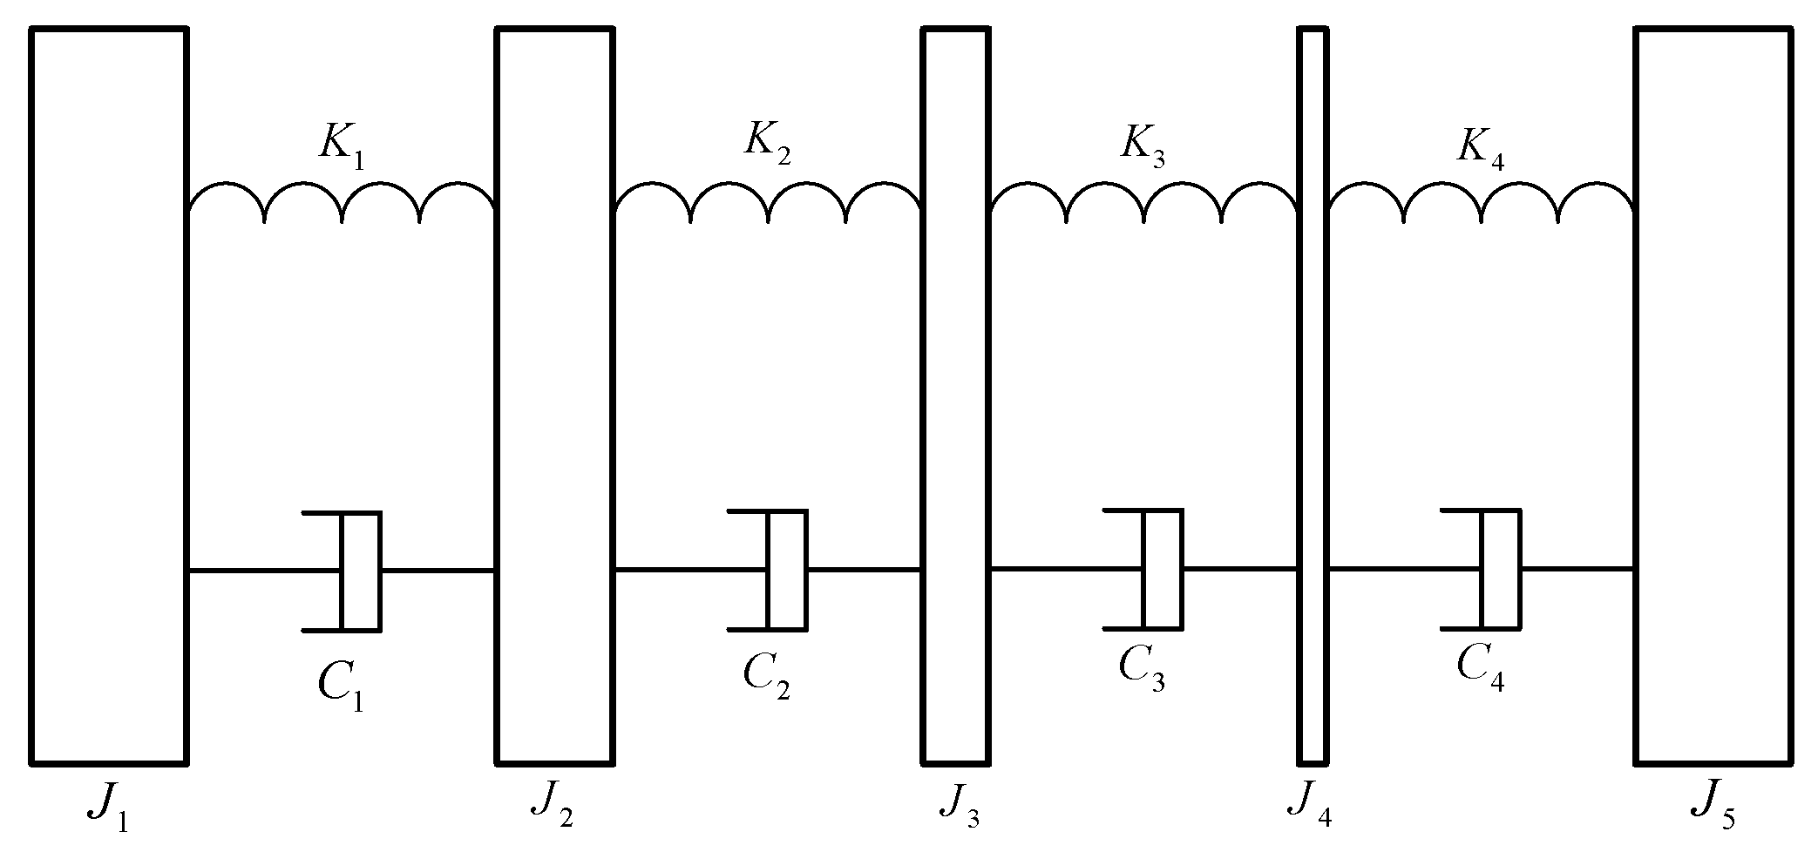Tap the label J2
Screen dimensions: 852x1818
click(552, 809)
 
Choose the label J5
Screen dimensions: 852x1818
click(1710, 811)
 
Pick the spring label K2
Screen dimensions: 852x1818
click(767, 145)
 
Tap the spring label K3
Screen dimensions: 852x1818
click(1143, 146)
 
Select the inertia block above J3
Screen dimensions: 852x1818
click(955, 396)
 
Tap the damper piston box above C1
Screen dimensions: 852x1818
click(360, 571)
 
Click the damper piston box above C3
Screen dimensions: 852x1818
click(1163, 569)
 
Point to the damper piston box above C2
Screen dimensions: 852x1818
click(786, 569)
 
